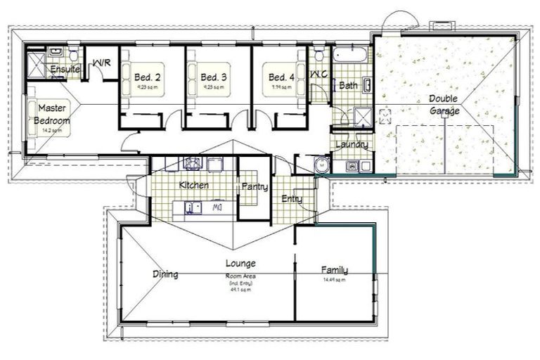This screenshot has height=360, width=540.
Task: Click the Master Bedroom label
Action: click(x=52, y=115)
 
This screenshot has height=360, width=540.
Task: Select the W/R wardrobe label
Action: click(x=101, y=63)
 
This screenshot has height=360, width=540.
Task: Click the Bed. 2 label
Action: click(x=146, y=77)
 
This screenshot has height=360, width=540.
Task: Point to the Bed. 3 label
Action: click(x=213, y=77)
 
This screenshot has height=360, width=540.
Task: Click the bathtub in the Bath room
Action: click(x=349, y=56)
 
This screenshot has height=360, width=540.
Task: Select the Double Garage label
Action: click(x=444, y=105)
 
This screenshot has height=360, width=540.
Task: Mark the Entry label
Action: click(x=291, y=199)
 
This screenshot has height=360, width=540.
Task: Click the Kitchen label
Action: click(x=193, y=185)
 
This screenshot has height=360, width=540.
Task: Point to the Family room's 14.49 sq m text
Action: click(x=334, y=281)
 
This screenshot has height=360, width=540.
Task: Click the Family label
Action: click(x=335, y=270)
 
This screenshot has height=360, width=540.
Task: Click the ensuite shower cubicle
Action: click(x=37, y=65)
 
